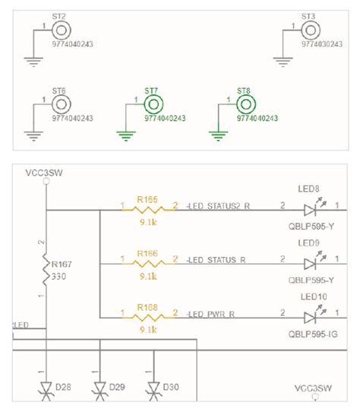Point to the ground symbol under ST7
(124, 135)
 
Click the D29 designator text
(116, 387)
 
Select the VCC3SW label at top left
(43, 173)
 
